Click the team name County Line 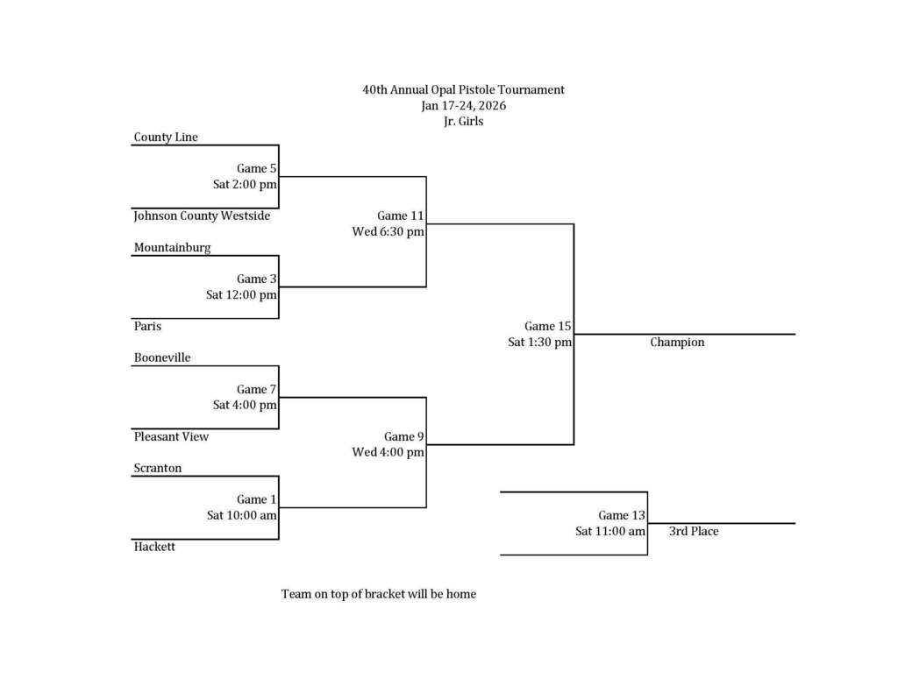pos(166,138)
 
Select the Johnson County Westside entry pos(202,216)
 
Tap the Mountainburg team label pos(172,248)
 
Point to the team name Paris pos(147,326)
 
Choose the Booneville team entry pos(162,358)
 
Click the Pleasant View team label pos(171,436)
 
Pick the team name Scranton pos(158,469)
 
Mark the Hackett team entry pos(154,547)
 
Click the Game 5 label pos(256,169)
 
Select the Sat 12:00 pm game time pos(241,295)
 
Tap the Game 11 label pos(401,216)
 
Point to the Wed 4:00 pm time pos(388,453)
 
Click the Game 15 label pos(548,327)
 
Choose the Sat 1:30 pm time pos(539,343)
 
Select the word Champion pos(677,343)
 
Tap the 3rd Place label pos(694,532)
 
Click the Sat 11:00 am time pos(610,532)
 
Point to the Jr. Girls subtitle pos(463,122)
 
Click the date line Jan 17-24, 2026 pos(463,106)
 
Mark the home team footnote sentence pos(378,594)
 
